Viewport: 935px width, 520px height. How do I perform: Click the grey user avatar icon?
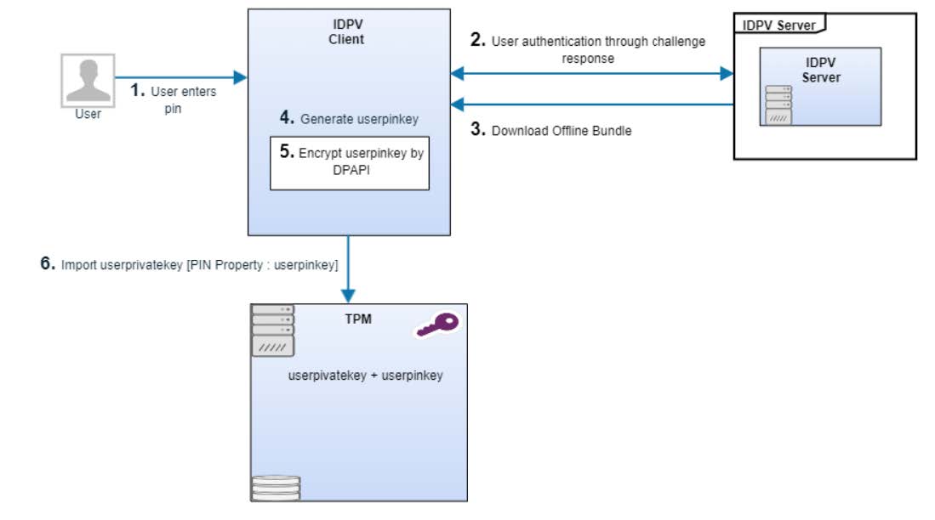pos(88,80)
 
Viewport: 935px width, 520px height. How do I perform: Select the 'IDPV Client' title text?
pos(346,32)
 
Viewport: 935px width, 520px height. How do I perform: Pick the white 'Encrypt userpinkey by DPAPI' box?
pos(349,162)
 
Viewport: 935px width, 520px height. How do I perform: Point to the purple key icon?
pos(439,325)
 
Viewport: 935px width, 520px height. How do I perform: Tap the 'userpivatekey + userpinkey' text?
pos(366,375)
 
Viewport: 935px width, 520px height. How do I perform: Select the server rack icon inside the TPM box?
pos(272,331)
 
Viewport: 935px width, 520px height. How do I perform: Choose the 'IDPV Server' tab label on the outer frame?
pos(778,25)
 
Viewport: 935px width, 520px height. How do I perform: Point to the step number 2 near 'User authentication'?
pos(478,40)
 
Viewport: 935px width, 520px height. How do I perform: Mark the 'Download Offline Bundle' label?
pos(562,131)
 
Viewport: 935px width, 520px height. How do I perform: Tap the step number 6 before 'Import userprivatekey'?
pos(48,264)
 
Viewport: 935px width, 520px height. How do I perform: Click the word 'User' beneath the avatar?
pos(88,114)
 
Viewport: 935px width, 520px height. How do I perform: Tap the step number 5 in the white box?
pos(286,153)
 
